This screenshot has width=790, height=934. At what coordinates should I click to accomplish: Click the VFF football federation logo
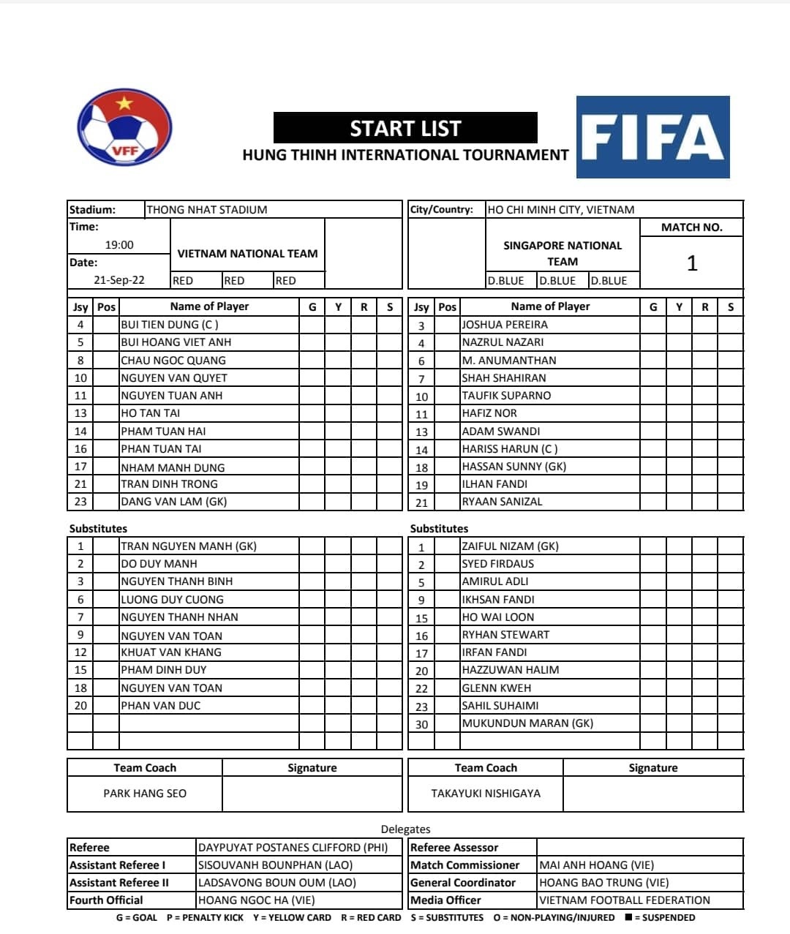coord(124,128)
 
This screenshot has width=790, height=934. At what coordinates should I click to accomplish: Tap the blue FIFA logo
coord(652,137)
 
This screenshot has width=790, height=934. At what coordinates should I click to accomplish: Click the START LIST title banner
coord(405,128)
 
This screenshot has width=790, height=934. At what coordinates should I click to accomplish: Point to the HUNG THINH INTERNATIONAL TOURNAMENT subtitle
coord(405,155)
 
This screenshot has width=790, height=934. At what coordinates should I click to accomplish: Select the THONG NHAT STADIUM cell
coord(207,210)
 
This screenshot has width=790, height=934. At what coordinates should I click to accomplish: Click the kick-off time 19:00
coord(119,245)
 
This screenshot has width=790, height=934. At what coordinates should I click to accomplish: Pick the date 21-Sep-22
coord(119,280)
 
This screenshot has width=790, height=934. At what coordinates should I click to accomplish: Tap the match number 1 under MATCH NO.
coord(691,263)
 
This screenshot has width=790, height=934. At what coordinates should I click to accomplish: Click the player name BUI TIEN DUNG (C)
coord(170,325)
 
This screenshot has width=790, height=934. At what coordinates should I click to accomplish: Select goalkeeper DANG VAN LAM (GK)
coord(174,502)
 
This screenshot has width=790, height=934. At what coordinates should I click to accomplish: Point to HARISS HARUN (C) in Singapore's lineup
coord(509,449)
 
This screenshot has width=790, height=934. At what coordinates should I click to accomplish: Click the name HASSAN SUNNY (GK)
coord(513,467)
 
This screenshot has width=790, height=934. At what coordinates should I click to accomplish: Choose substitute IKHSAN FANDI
coord(498,600)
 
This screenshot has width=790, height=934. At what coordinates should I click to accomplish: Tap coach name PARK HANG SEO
coord(145,794)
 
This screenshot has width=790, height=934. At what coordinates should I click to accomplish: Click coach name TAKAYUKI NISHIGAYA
coord(486,794)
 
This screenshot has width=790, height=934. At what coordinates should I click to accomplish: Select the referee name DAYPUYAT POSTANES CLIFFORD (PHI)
coord(293,848)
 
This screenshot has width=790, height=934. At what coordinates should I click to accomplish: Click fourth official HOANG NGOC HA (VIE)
coord(256,900)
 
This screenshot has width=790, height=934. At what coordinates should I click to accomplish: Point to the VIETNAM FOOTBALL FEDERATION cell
coord(625,900)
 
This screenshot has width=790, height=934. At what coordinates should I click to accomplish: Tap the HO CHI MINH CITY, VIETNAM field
coord(561,210)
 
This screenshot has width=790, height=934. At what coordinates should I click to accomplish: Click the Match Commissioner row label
coord(465,865)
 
